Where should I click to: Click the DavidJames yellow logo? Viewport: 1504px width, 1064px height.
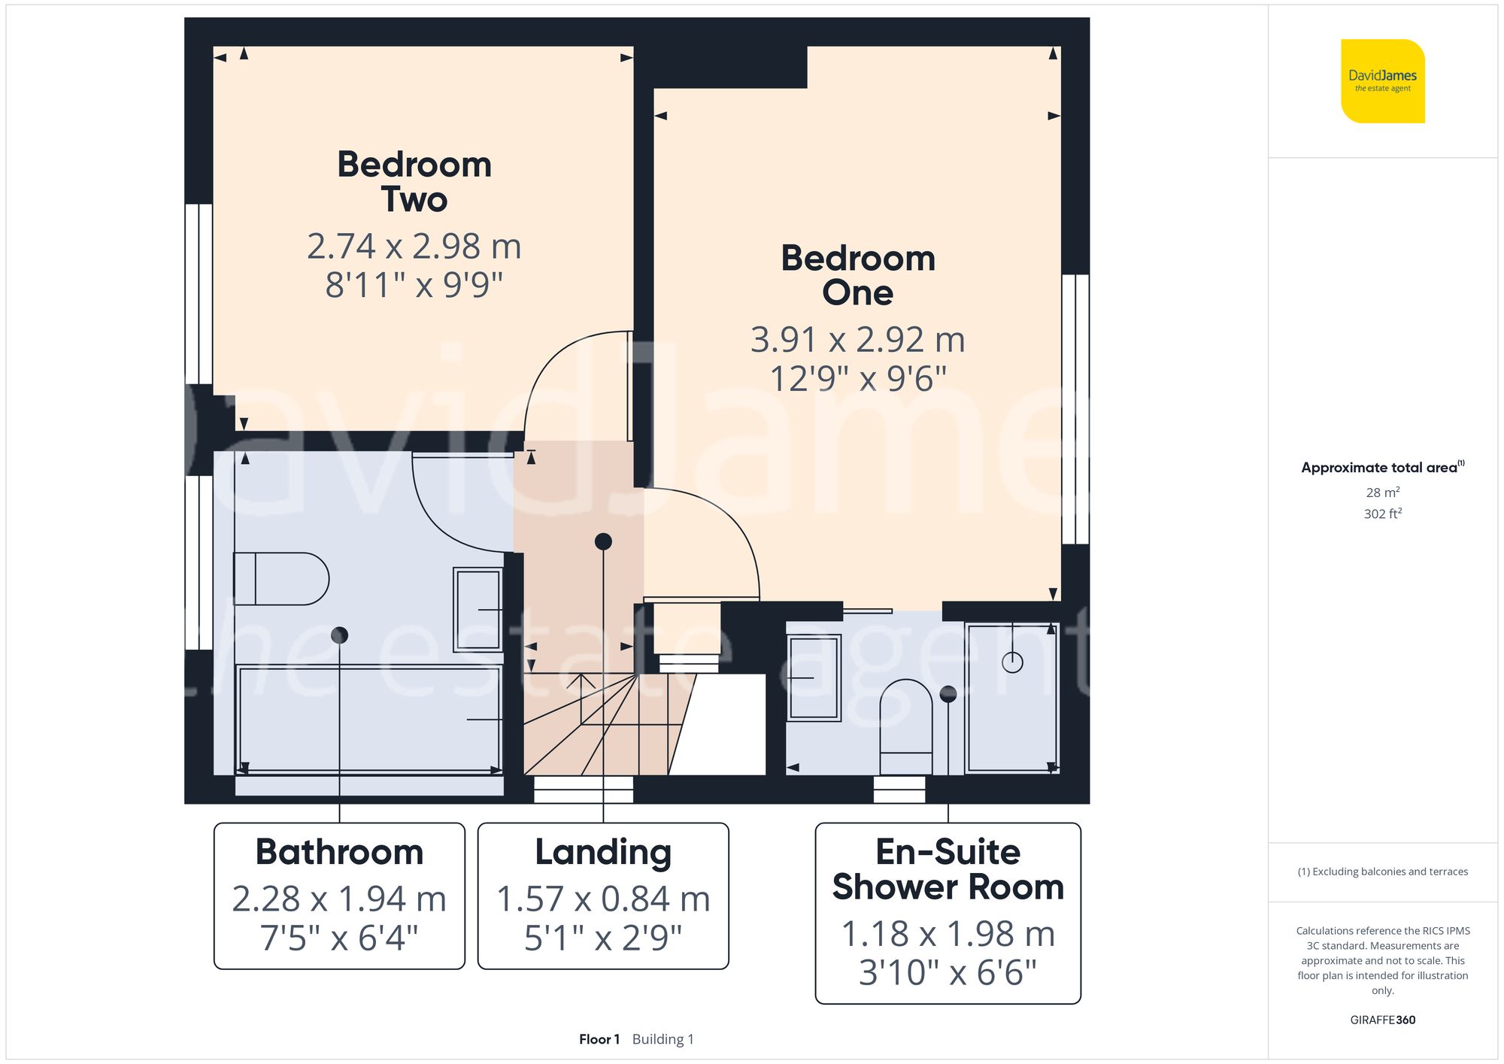click(x=1382, y=81)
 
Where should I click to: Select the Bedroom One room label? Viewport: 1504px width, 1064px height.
click(x=858, y=275)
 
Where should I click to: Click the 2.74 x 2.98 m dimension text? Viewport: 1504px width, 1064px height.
click(x=414, y=247)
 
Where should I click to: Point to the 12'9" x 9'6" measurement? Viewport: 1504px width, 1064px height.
click(x=858, y=378)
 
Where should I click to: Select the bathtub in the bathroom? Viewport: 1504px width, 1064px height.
click(x=369, y=719)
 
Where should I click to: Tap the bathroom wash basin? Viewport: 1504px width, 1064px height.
click(x=478, y=609)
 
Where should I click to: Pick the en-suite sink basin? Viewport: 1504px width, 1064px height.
click(x=814, y=678)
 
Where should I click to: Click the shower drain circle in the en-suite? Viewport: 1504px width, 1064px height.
click(x=1012, y=662)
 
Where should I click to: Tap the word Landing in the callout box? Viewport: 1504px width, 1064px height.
click(x=603, y=853)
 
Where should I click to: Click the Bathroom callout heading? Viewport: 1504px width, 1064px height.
click(x=339, y=853)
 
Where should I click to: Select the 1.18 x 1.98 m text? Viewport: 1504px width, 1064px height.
click(x=948, y=934)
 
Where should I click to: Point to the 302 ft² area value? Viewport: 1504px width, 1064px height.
click(x=1382, y=514)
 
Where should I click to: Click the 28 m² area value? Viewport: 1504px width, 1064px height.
click(x=1382, y=493)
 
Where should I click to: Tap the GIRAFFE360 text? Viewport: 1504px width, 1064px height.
click(x=1382, y=1020)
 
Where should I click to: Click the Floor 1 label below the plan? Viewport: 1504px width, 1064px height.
click(x=599, y=1039)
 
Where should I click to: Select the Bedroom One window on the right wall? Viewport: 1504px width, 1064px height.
click(x=1075, y=409)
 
